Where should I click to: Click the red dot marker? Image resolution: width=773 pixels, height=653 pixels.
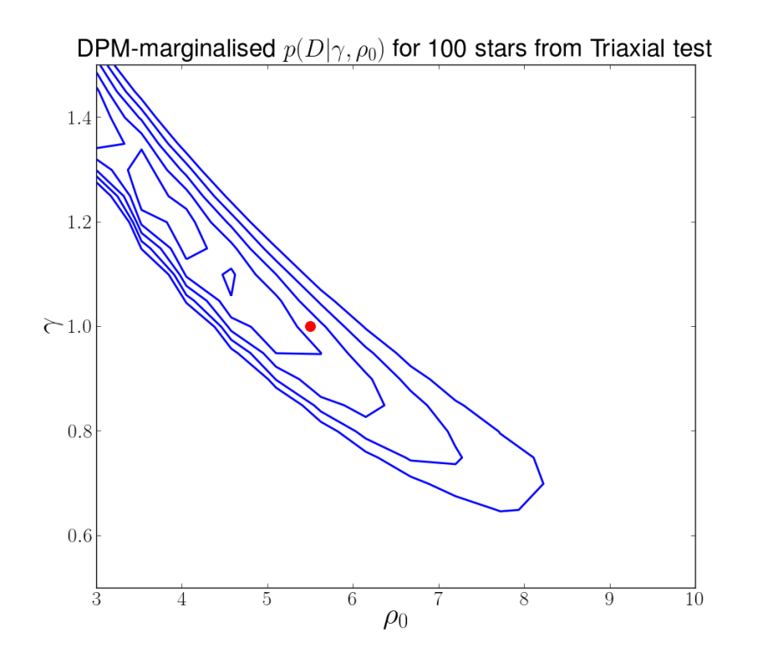click(x=310, y=326)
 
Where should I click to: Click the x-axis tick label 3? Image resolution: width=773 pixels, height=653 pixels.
click(x=96, y=598)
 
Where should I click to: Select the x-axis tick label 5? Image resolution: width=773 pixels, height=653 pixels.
click(x=267, y=598)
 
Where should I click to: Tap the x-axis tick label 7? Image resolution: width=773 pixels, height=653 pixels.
click(x=438, y=598)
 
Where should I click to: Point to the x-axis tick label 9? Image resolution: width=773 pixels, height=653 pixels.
click(x=609, y=598)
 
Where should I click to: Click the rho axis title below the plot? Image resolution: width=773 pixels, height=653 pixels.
click(x=394, y=620)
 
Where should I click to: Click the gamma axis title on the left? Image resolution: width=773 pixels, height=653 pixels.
click(x=51, y=326)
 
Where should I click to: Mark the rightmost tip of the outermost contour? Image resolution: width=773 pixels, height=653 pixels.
click(x=544, y=483)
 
